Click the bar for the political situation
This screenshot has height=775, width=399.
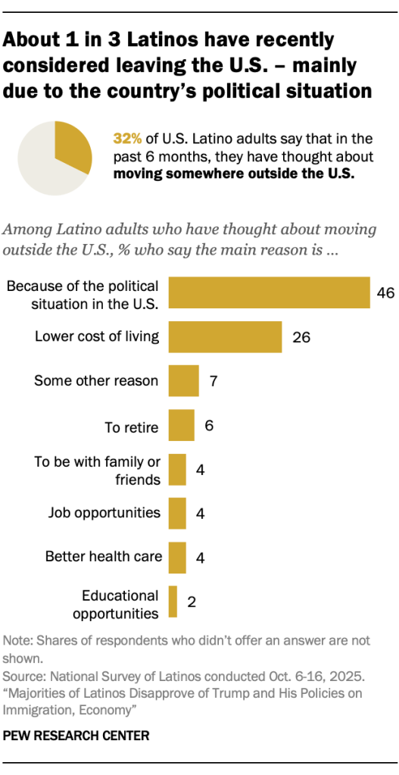click(x=269, y=292)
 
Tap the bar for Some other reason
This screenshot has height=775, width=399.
click(x=183, y=381)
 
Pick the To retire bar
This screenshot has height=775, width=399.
click(x=181, y=426)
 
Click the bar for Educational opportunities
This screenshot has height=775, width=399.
click(x=173, y=602)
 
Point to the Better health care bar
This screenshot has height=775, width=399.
click(x=177, y=558)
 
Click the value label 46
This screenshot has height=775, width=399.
click(x=385, y=293)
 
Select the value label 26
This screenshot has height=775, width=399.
click(x=301, y=338)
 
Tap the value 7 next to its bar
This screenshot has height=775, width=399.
click(x=214, y=382)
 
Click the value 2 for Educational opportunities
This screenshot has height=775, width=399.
click(x=192, y=603)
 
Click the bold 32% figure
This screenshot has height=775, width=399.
click(x=127, y=139)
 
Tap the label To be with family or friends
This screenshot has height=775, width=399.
click(x=98, y=470)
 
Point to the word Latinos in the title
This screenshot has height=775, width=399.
click(x=144, y=39)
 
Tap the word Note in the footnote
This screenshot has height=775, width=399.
click(x=17, y=640)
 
